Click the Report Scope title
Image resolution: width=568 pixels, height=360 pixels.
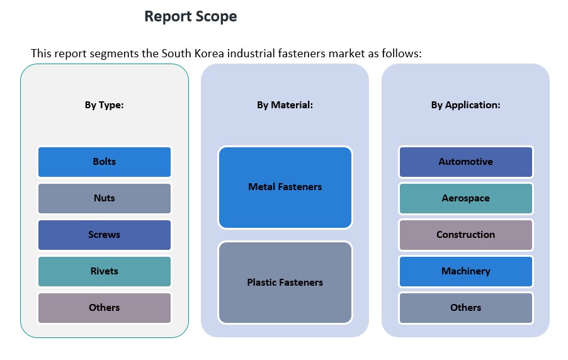pyautogui.click(x=190, y=16)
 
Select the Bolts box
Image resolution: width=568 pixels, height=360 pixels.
pyautogui.click(x=105, y=162)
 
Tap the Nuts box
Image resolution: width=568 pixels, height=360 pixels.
pyautogui.click(x=105, y=198)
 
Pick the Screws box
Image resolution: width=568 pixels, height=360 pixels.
pyautogui.click(x=105, y=235)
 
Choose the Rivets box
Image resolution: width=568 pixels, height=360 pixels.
pyautogui.click(x=105, y=271)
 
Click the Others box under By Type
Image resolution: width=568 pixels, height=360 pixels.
pyautogui.click(x=105, y=308)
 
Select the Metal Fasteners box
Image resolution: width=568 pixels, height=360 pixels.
pyautogui.click(x=285, y=187)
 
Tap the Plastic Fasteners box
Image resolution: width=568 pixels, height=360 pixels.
pyautogui.click(x=285, y=283)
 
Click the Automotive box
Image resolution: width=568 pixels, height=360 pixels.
pyautogui.click(x=466, y=162)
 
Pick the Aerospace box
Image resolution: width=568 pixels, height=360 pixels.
pyautogui.click(x=466, y=198)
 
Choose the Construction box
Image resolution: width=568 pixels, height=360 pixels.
pyautogui.click(x=466, y=235)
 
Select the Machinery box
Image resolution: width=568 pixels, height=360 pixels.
pyautogui.click(x=466, y=271)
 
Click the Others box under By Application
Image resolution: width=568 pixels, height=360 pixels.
pyautogui.click(x=466, y=308)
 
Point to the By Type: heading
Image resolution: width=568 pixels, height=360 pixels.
pyautogui.click(x=105, y=105)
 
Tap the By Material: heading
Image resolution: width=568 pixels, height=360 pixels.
pyautogui.click(x=285, y=105)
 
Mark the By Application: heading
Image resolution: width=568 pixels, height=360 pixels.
pyautogui.click(x=466, y=105)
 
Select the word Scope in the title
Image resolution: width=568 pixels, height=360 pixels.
pyautogui.click(x=216, y=16)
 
